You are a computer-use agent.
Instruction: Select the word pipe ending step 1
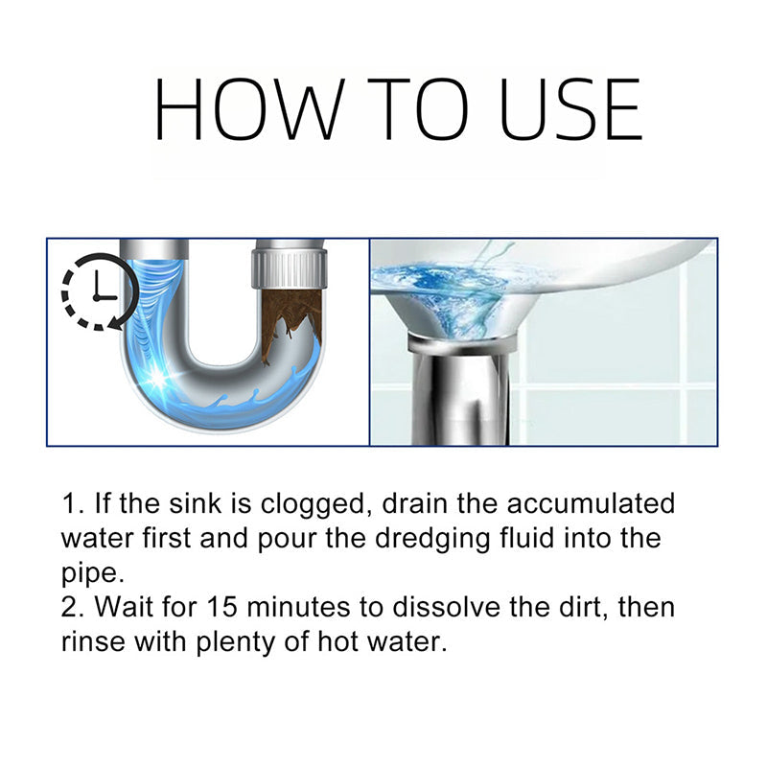pyautogui.click(x=93, y=573)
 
